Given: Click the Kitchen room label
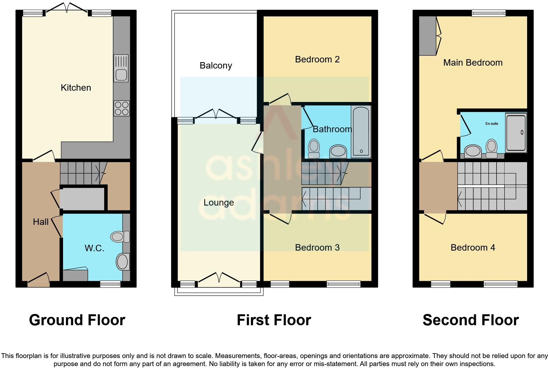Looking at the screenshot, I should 76,88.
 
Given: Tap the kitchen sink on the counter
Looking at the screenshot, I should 121,68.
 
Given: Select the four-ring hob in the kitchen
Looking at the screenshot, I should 122,108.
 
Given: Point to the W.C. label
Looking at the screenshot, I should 94,248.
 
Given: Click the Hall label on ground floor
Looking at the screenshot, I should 41,222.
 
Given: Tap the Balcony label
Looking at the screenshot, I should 216,66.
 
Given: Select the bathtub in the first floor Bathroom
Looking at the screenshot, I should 361,131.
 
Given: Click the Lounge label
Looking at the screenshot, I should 219,203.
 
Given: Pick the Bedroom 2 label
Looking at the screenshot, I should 317,60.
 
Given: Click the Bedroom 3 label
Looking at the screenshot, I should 317,247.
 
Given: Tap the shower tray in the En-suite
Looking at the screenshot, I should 516,132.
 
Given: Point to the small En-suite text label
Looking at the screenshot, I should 492,124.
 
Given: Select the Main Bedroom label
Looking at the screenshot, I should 473,63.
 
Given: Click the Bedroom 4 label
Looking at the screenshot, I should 473,247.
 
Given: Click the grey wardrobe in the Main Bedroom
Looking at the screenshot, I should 427,36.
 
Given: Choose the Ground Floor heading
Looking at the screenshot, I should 77,320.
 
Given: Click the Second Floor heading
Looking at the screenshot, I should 470,320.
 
